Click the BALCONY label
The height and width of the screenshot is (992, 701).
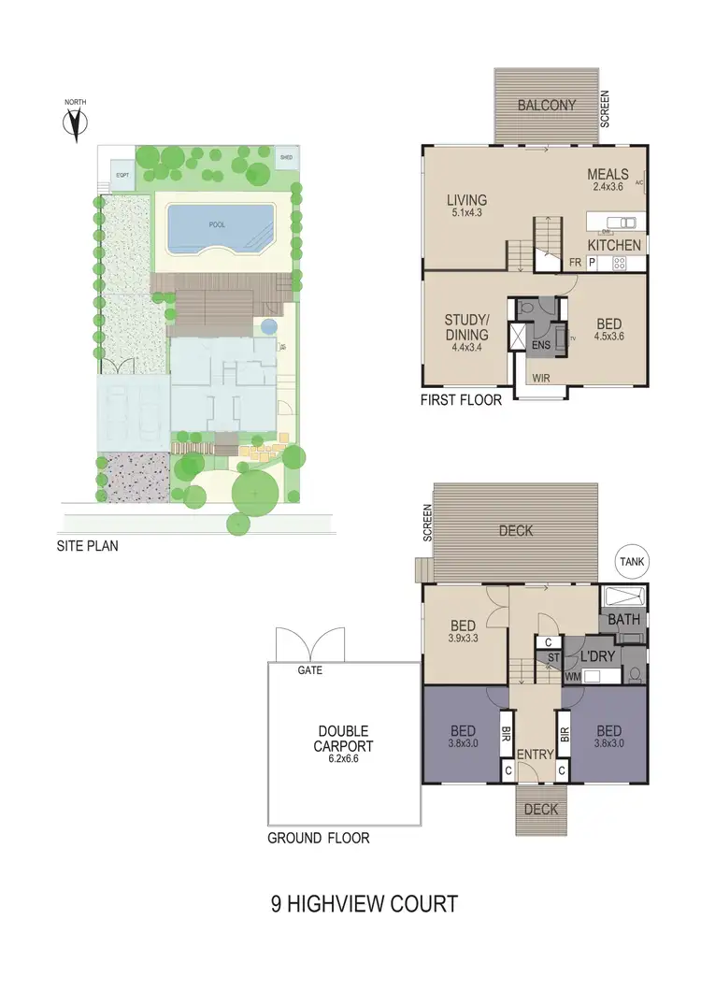pyautogui.click(x=547, y=106)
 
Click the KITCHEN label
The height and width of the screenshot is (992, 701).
pyautogui.click(x=614, y=245)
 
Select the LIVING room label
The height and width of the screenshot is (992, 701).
pyautogui.click(x=466, y=199)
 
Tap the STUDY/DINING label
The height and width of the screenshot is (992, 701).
pyautogui.click(x=466, y=328)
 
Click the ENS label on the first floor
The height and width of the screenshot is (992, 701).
pyautogui.click(x=539, y=345)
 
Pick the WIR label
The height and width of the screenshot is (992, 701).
pyautogui.click(x=541, y=379)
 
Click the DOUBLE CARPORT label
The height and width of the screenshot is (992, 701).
pyautogui.click(x=343, y=739)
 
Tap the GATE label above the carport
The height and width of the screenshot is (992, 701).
pyautogui.click(x=308, y=670)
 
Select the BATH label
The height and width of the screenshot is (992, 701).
pyautogui.click(x=622, y=620)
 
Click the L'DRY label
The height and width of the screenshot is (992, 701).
pyautogui.click(x=599, y=656)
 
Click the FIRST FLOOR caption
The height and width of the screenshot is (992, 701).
pyautogui.click(x=461, y=400)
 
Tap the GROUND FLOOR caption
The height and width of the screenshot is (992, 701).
pyautogui.click(x=318, y=838)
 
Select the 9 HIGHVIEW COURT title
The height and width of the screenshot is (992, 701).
pyautogui.click(x=365, y=904)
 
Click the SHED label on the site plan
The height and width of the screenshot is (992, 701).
pyautogui.click(x=286, y=158)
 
